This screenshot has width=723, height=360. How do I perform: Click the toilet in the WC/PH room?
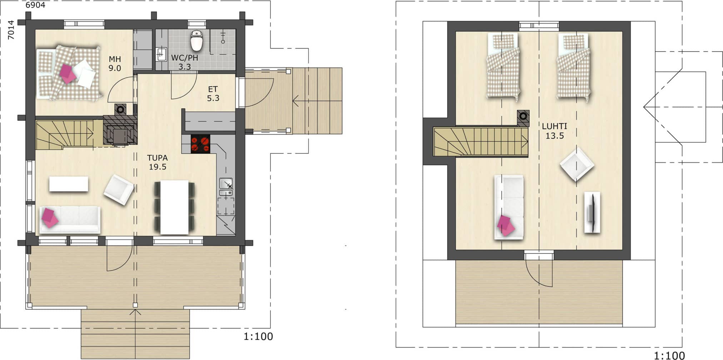(x=196, y=41)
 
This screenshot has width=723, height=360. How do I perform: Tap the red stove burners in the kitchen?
(x=200, y=144)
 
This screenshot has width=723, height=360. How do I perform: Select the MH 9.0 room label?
(x=115, y=64)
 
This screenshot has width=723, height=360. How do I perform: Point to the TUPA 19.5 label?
(x=158, y=162)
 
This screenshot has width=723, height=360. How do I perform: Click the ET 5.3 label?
(x=213, y=94)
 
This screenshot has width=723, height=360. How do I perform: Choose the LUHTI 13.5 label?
(x=554, y=131)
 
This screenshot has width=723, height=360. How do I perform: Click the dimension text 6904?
(x=35, y=5)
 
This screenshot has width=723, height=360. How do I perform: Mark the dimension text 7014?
(x=11, y=30)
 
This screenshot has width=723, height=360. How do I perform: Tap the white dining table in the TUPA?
(x=174, y=207)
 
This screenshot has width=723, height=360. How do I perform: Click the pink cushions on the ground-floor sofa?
(x=49, y=217)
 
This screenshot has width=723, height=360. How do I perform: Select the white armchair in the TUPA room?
(x=119, y=189)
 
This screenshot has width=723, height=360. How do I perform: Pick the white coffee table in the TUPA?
(x=69, y=184)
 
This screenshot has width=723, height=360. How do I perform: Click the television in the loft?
(x=592, y=212)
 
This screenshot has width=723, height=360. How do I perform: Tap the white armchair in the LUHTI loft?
(x=577, y=164)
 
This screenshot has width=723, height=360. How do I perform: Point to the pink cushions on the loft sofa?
(x=506, y=225)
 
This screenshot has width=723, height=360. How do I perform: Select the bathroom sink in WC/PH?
(x=161, y=54)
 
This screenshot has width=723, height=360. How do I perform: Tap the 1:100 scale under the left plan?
(x=258, y=336)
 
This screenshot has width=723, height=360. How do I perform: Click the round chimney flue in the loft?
(x=523, y=116)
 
